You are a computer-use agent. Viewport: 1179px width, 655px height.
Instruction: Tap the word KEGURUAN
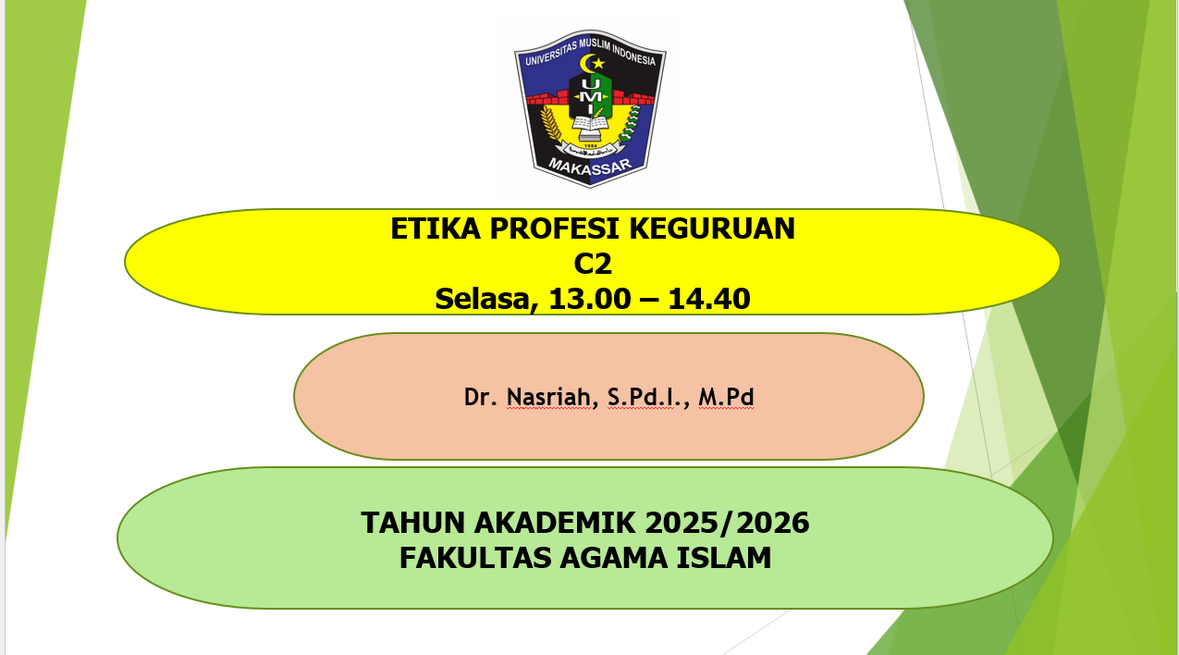click(x=722, y=229)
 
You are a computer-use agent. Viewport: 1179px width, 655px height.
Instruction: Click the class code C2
click(x=593, y=264)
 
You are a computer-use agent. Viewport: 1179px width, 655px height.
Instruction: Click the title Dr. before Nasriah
click(x=481, y=398)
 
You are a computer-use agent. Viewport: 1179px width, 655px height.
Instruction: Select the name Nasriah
click(x=550, y=398)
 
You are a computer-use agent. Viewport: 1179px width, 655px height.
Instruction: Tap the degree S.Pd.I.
click(x=648, y=398)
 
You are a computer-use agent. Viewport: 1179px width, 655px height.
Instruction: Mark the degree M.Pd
click(x=727, y=398)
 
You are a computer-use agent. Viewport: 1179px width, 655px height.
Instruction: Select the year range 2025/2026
click(x=728, y=524)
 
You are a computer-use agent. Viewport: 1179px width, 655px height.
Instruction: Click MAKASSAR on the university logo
click(x=590, y=166)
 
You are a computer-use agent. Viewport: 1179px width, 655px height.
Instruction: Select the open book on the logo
click(x=590, y=122)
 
